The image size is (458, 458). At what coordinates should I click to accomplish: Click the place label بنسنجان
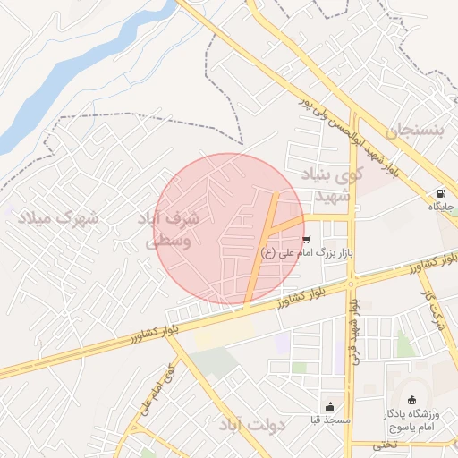click(413, 131)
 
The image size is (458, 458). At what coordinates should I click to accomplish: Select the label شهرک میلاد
click(62, 217)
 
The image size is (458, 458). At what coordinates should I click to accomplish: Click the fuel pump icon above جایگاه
click(441, 194)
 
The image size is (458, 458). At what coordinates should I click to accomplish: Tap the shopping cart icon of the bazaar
click(307, 240)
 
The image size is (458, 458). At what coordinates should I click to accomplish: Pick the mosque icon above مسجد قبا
click(331, 406)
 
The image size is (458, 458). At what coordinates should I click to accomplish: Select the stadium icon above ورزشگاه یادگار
click(411, 400)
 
